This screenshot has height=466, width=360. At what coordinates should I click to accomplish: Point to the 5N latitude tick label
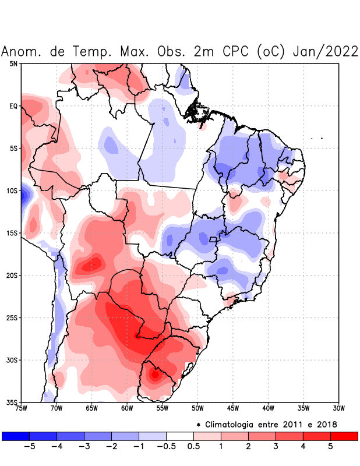tap(13, 63)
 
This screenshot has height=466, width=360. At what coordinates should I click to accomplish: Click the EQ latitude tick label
tap(13, 106)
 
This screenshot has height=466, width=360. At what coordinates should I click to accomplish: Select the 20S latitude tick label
tap(12, 276)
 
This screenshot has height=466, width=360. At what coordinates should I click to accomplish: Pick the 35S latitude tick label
tap(12, 403)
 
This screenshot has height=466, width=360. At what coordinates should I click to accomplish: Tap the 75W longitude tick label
tap(22, 408)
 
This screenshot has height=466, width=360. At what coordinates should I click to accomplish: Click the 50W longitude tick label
tap(197, 408)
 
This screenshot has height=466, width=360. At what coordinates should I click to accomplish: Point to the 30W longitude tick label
tap(338, 408)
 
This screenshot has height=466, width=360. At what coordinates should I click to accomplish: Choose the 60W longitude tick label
tap(127, 408)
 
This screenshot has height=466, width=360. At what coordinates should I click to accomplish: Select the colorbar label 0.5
tap(194, 446)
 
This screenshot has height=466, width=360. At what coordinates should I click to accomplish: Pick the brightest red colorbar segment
tap(344, 436)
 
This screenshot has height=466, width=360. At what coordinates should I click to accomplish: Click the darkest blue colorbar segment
tap(16, 436)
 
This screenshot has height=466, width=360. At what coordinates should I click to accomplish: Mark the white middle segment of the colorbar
tap(180, 436)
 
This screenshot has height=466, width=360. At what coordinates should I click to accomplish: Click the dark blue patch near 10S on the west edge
tap(24, 194)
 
